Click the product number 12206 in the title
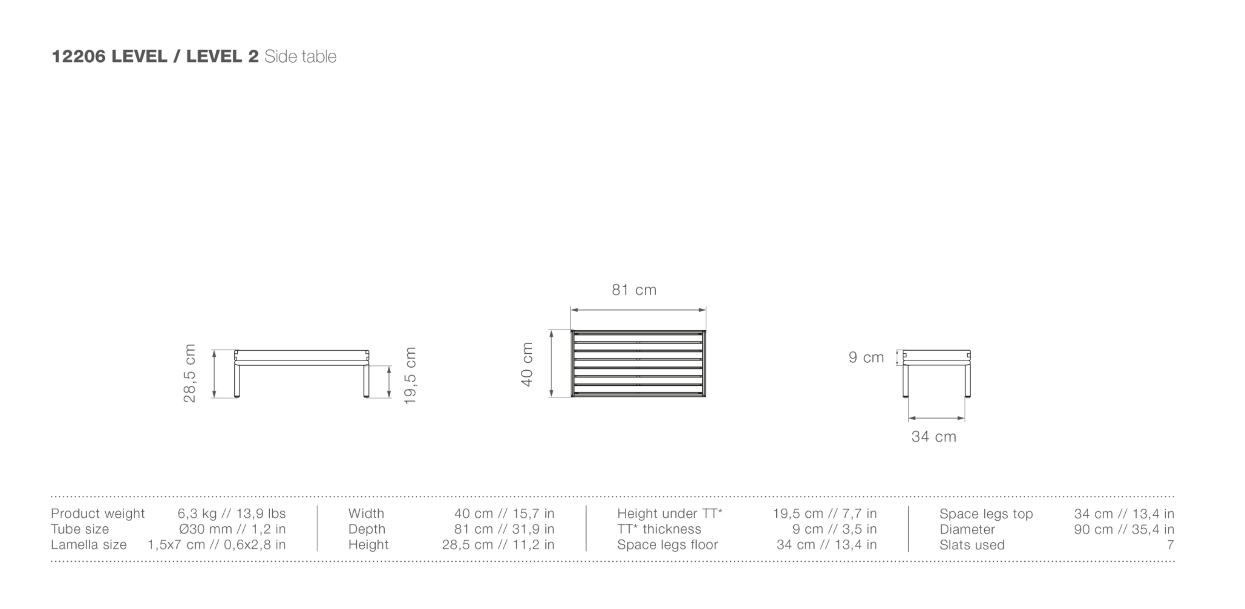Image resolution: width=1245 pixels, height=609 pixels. tap(78, 57)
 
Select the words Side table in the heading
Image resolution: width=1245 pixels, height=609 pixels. tap(300, 57)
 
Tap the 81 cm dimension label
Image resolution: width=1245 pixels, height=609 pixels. tap(634, 290)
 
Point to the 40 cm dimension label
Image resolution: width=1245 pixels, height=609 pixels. tap(527, 364)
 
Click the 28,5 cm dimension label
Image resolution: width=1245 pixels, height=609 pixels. tap(189, 373)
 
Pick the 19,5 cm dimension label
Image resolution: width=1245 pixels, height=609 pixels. tap(410, 376)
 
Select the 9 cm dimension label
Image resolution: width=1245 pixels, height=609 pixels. tap(866, 358)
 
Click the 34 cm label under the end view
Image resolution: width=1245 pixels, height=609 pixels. tap(934, 437)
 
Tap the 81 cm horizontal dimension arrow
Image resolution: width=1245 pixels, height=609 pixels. tap(638, 310)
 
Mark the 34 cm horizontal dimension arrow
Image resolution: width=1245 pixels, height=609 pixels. tap(936, 418)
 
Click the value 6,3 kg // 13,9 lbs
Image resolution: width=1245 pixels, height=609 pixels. tap(232, 513)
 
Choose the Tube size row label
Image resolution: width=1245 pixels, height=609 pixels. tap(80, 529)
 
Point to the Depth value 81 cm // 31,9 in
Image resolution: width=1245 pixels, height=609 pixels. tap(504, 529)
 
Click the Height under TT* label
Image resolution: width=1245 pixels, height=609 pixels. tap(669, 513)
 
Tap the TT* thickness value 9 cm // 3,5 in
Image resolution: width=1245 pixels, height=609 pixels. tap(834, 529)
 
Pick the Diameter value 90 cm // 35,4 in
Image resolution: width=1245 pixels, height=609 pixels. tap(1124, 529)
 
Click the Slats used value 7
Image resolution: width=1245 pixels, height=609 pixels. tap(1170, 545)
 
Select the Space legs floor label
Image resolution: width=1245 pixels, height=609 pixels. tap(668, 545)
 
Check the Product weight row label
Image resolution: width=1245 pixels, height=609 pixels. tap(97, 513)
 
